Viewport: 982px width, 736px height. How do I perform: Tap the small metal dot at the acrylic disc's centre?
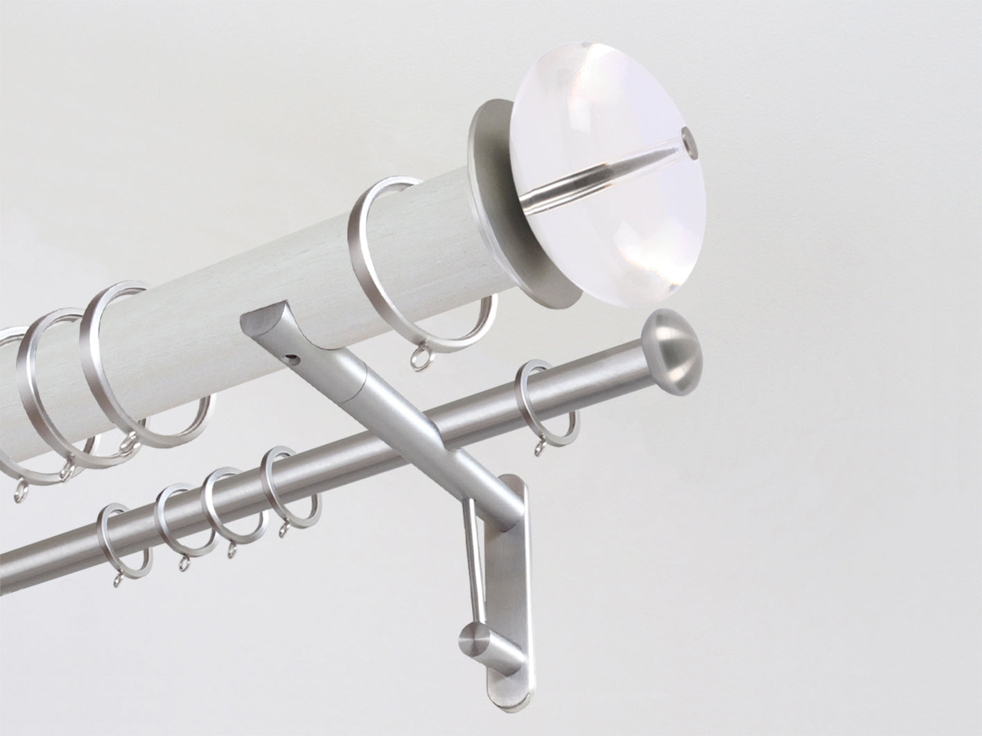point(688,141)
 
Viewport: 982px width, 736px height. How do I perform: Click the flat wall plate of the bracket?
point(506,589)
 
